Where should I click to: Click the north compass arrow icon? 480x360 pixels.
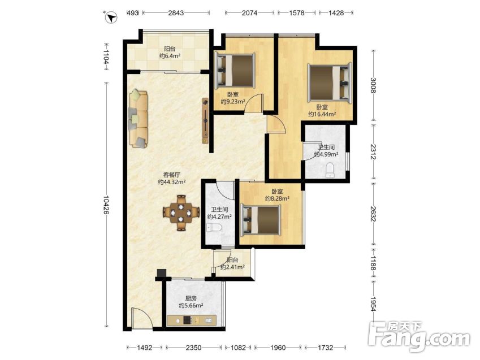(111, 17)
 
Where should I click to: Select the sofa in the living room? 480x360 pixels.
(139, 119)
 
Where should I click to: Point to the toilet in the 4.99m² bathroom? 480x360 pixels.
(330, 170)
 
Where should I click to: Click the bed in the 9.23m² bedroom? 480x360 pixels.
(235, 71)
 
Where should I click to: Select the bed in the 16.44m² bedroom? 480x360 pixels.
(330, 82)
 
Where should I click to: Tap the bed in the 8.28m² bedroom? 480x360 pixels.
(261, 220)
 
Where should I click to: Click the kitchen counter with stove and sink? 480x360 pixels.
(192, 320)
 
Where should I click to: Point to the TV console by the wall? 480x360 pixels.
(205, 120)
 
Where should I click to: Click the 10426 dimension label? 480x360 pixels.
(106, 205)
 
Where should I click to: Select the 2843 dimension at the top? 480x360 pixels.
(176, 13)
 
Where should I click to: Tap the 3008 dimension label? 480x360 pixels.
(373, 85)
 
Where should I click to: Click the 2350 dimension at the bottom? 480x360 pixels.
(194, 348)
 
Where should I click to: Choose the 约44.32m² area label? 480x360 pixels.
(172, 182)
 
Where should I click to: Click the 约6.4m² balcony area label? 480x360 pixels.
(170, 56)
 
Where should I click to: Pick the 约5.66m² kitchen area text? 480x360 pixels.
(191, 306)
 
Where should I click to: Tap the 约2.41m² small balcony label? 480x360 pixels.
(232, 267)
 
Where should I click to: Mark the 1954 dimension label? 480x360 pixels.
(373, 303)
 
